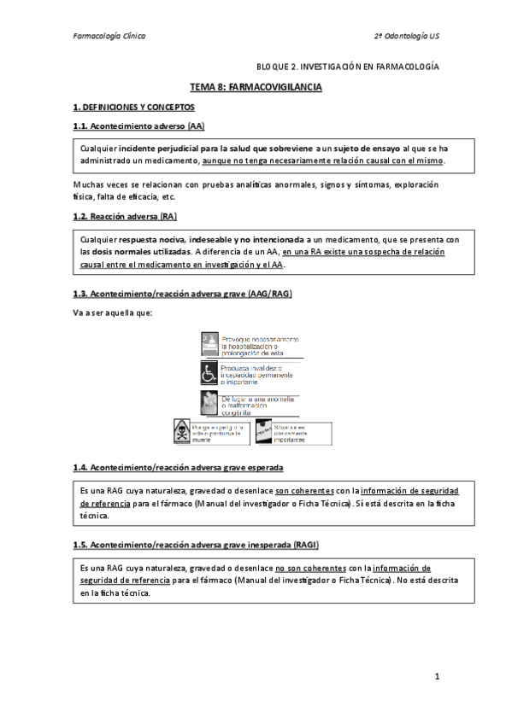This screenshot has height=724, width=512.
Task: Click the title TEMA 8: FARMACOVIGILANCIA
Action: click(256, 87)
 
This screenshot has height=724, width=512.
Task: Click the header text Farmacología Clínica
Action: click(109, 37)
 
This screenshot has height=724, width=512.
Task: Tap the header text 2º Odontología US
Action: click(407, 37)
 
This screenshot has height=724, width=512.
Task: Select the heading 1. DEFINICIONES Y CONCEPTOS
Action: click(134, 108)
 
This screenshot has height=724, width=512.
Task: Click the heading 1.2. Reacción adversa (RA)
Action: click(125, 217)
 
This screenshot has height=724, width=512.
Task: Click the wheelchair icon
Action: click(209, 373)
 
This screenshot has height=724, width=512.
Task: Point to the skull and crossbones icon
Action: click(181, 431)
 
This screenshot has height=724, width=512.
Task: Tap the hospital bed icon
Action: click(209, 344)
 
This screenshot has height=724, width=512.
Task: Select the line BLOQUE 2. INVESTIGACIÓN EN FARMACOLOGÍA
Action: click(348, 66)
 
